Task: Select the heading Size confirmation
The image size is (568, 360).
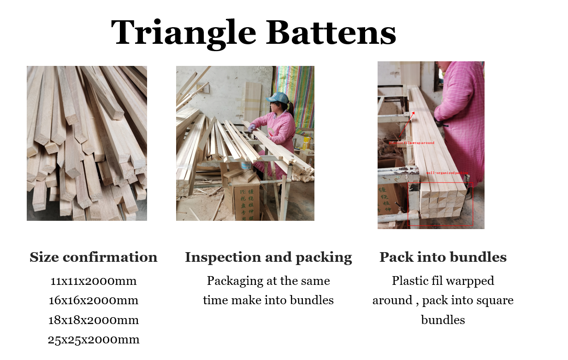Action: point(93,257)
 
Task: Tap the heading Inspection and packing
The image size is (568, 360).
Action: point(268,257)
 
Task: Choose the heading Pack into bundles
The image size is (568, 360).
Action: point(443,257)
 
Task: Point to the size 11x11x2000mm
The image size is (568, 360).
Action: point(93,281)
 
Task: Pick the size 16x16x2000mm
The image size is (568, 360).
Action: point(93,301)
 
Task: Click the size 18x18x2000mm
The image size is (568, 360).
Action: point(93,320)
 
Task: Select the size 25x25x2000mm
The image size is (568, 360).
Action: point(93,340)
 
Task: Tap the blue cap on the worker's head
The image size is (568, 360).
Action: point(278,98)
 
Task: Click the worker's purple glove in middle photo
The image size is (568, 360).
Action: point(252,127)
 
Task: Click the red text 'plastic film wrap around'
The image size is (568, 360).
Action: point(412,143)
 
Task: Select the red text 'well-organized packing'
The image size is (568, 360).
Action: point(447,173)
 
